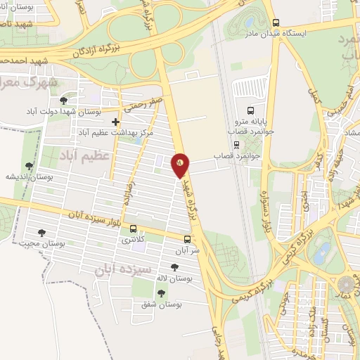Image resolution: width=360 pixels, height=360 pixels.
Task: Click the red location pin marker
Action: tap(181, 165)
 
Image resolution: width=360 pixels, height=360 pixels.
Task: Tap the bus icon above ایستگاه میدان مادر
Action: tap(275, 22)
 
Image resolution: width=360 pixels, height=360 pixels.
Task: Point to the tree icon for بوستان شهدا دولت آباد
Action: tap(64, 101)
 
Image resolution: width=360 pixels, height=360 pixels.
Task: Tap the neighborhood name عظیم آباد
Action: tap(85, 154)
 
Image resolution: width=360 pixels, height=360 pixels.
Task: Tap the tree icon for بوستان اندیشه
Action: tap(29, 167)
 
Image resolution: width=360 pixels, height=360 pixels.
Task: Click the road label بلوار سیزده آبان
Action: tap(96, 217)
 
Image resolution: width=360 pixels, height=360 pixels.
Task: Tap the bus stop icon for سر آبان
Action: tap(187, 239)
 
